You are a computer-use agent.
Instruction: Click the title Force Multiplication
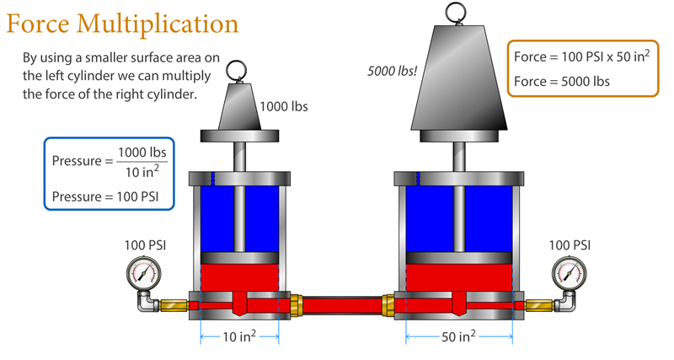pos(123,23)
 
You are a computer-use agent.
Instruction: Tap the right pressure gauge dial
pos(569,272)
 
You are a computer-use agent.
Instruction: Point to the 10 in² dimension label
pos(239,337)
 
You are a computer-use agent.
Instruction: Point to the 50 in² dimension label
pos(459,337)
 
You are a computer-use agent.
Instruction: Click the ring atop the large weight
pos(459,11)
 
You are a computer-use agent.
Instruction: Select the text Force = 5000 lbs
pos(561,82)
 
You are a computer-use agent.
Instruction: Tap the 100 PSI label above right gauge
pos(570,245)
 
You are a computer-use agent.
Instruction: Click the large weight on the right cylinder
pos(459,80)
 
